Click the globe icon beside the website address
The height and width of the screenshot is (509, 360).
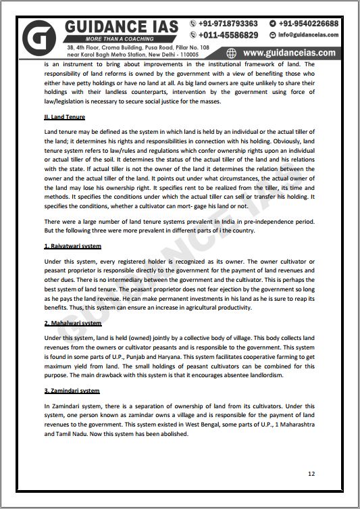pyautogui.click(x=232, y=53)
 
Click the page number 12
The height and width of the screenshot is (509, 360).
pyautogui.click(x=311, y=473)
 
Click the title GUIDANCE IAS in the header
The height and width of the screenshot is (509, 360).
pyautogui.click(x=122, y=26)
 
